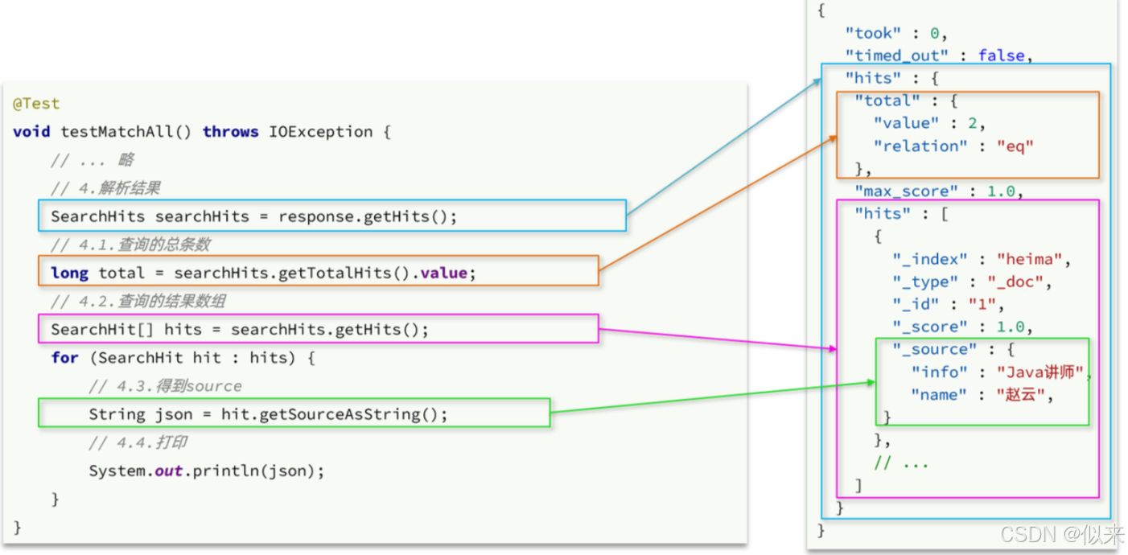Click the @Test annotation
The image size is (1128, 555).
pos(36,104)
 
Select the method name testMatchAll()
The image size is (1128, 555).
pos(126,132)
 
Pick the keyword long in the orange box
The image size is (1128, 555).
pos(69,273)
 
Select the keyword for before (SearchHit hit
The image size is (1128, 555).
pos(64,358)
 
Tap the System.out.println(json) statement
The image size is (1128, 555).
pos(206,471)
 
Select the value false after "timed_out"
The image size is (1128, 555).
pos(1001,55)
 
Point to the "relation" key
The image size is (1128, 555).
pos(909,146)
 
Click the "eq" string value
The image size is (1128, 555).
pos(1015,146)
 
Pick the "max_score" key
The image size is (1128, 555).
pos(906,191)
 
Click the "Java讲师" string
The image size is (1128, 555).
pos(1040,372)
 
